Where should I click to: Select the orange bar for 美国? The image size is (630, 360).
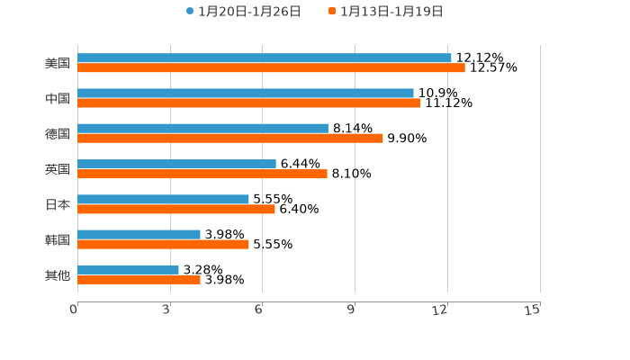click(271, 67)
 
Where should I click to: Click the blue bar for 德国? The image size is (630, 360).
click(202, 129)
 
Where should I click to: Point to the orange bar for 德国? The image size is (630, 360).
click(230, 139)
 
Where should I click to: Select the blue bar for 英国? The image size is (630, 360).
click(176, 164)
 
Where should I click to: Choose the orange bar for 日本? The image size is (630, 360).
click(176, 209)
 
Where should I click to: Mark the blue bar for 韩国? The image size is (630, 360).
click(139, 234)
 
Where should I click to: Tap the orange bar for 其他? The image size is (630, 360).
click(139, 280)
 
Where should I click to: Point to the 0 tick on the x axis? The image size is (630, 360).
click(74, 310)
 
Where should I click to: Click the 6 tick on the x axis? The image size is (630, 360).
click(258, 310)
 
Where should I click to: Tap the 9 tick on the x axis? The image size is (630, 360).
click(351, 310)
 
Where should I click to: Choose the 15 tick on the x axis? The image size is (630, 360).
click(533, 310)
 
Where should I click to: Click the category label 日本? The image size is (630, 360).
click(58, 204)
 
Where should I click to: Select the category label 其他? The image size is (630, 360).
click(58, 274)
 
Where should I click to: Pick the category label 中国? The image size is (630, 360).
click(58, 98)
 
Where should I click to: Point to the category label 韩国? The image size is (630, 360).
click(58, 239)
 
